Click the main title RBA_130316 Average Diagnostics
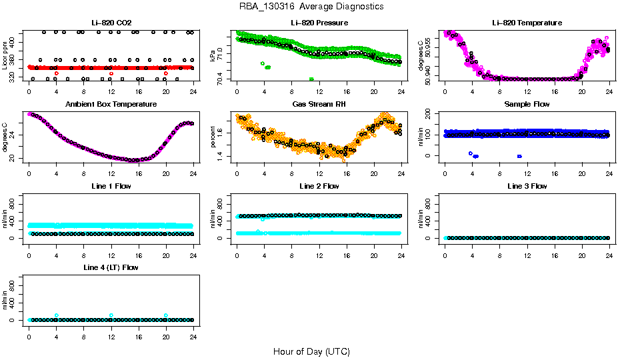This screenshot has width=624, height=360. [311, 7]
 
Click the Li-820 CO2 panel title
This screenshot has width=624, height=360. [110, 23]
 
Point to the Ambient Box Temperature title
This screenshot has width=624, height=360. [111, 105]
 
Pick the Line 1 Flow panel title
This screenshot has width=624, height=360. [111, 186]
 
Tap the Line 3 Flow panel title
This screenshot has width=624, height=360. [527, 186]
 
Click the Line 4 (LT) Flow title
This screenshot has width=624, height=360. [111, 267]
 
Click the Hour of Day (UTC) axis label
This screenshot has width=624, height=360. [311, 351]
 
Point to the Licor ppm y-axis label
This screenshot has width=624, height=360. [5, 55]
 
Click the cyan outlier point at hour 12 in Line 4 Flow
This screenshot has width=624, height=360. [111, 315]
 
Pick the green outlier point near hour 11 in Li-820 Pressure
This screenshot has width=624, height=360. [311, 79]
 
